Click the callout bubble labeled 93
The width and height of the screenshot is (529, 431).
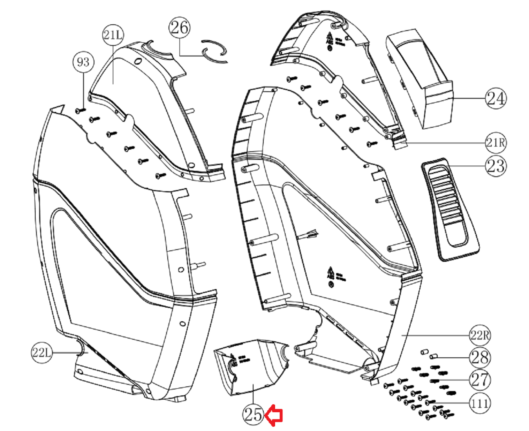click(83, 62)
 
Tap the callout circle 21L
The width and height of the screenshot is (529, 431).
click(113, 35)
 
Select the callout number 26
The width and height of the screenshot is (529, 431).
click(179, 27)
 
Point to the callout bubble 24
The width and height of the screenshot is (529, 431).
click(496, 98)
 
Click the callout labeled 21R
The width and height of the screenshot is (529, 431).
click(496, 143)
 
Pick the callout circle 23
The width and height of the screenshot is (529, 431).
click(496, 166)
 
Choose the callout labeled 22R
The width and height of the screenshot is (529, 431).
click(480, 335)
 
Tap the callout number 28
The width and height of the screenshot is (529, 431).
click(480, 357)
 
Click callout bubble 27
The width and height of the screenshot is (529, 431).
click(480, 380)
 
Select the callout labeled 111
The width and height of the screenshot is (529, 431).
click(480, 403)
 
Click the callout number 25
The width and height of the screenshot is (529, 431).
click(253, 414)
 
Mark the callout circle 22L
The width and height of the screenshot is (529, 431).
click(42, 353)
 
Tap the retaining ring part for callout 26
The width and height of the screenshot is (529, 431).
click(214, 51)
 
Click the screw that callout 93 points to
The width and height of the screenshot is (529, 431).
click(80, 111)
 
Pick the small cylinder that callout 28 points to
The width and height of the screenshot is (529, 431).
click(433, 356)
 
